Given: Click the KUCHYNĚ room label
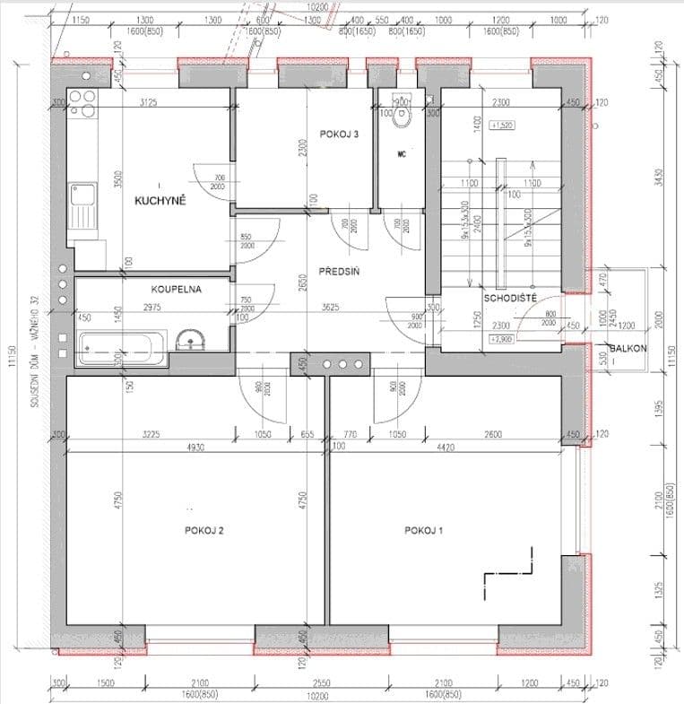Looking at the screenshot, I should (x=160, y=201).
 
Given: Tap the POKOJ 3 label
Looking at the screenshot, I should (x=339, y=135).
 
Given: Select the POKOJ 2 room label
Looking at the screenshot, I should (x=203, y=531).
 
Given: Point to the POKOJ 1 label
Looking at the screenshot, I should (x=424, y=531).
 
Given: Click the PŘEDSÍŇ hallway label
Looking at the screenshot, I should (x=339, y=274).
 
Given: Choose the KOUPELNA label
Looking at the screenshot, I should (x=175, y=290).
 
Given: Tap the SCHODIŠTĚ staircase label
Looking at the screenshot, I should (x=510, y=298).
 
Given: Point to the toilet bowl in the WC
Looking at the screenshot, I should (x=403, y=113).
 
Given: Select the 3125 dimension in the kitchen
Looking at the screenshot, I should (x=149, y=103).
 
